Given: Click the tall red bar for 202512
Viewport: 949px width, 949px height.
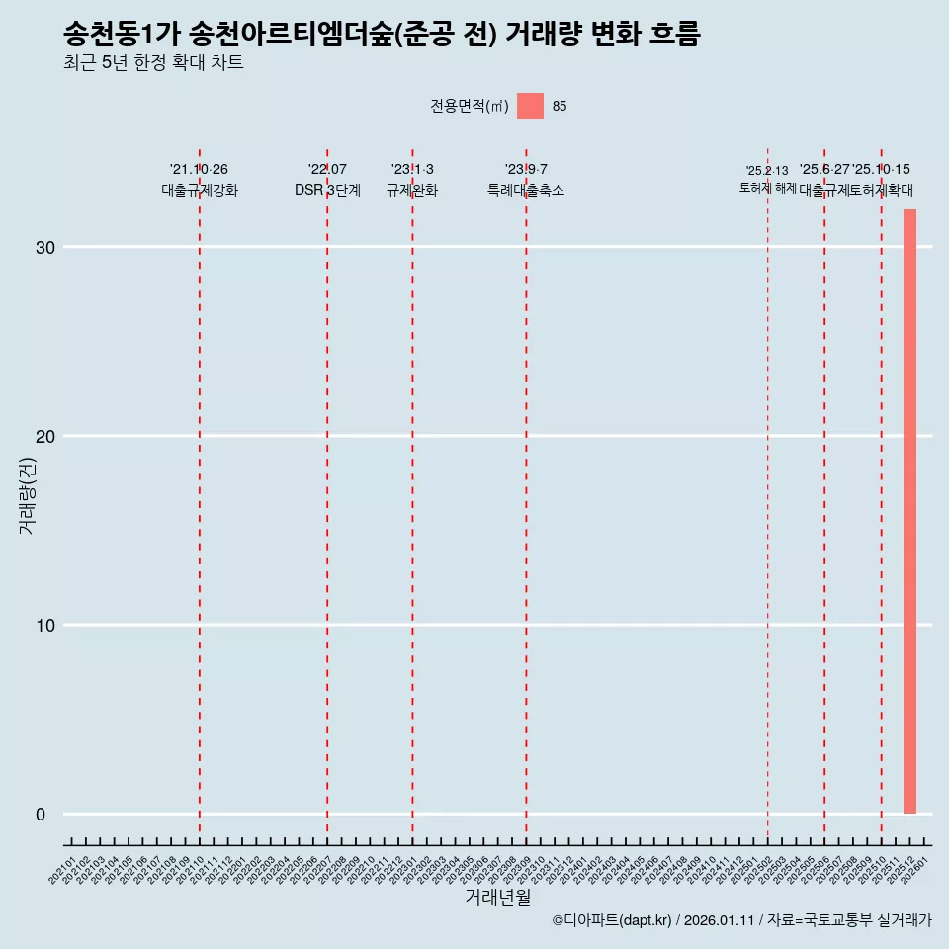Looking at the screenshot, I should tap(909, 510).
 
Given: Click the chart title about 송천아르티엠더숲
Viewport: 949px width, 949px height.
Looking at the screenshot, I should tap(381, 35).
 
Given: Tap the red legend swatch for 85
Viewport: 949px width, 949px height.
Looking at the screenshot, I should tap(530, 106).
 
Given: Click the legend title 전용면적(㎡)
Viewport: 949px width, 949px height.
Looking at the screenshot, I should tap(469, 107).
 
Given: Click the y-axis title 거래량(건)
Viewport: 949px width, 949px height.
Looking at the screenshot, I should tap(27, 495).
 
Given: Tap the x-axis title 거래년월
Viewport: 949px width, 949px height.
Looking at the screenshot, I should tap(497, 898).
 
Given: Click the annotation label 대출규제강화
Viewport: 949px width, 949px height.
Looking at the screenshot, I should tap(200, 190).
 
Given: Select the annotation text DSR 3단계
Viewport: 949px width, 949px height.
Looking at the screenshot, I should tap(327, 190).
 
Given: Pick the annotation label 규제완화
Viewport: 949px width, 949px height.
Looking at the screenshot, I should tap(412, 190).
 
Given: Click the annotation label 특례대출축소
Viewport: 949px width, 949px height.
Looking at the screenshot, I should tap(526, 190).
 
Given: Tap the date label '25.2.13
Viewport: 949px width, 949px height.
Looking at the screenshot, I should tap(767, 171).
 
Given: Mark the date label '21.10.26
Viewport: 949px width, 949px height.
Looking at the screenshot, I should tap(200, 170).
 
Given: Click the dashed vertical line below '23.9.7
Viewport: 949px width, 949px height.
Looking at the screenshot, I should tap(526, 494).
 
